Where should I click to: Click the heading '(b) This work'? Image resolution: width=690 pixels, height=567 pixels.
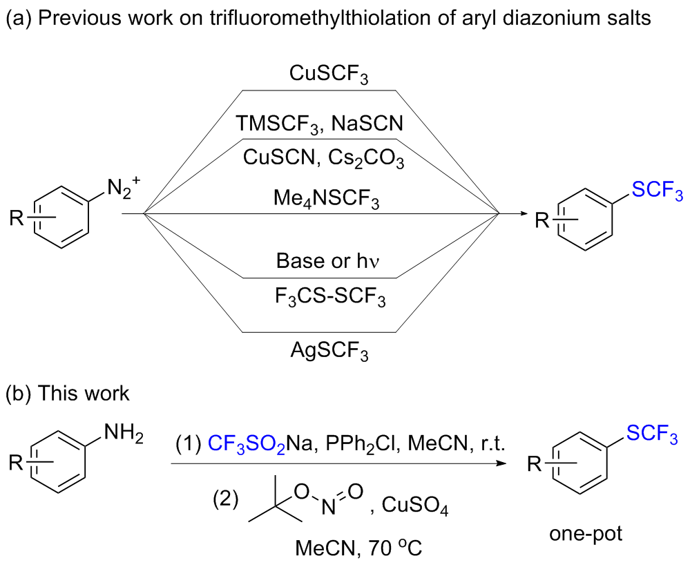click(67, 394)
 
